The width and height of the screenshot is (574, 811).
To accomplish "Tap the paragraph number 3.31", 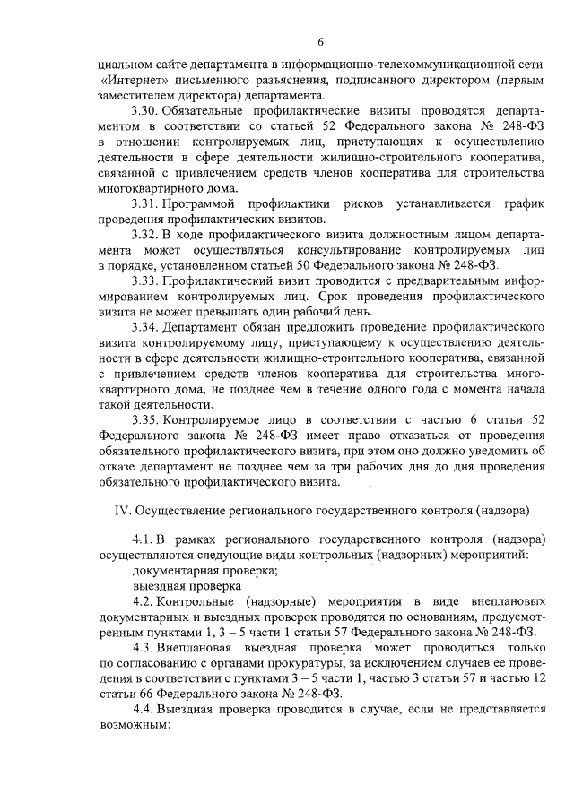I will click(x=144, y=205).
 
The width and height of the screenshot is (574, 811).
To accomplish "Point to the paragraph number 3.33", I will click(x=144, y=281).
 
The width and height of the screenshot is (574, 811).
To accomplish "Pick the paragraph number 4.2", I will click(x=144, y=600).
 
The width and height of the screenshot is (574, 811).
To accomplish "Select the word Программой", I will click(x=205, y=205).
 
